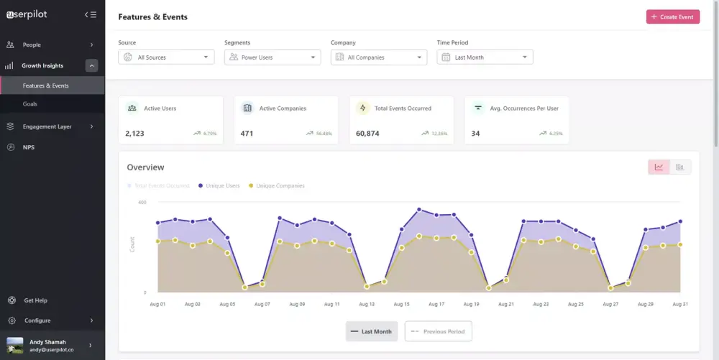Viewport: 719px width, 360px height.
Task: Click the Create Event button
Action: [x=672, y=17]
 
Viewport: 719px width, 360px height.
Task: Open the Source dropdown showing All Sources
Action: [x=166, y=57]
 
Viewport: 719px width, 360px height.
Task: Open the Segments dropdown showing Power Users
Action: [x=273, y=57]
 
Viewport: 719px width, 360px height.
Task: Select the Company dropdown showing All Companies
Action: [x=379, y=57]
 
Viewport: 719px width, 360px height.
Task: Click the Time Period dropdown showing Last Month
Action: [x=485, y=57]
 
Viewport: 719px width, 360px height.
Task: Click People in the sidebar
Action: [x=32, y=45]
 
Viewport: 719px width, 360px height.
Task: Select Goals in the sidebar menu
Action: [x=30, y=104]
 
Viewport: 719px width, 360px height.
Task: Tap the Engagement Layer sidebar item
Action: [x=47, y=126]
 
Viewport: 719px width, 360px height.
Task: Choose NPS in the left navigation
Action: [x=29, y=147]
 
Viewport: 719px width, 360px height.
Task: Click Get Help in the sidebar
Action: [x=35, y=300]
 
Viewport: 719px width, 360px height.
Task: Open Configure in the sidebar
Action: [x=37, y=320]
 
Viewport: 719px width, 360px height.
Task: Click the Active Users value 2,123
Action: [x=134, y=134]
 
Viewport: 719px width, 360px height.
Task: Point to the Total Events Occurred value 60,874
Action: [x=367, y=134]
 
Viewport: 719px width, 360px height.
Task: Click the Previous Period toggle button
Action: [x=439, y=331]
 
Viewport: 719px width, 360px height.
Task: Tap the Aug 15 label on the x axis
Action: [x=401, y=305]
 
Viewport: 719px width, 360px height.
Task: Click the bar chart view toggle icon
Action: [x=680, y=167]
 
